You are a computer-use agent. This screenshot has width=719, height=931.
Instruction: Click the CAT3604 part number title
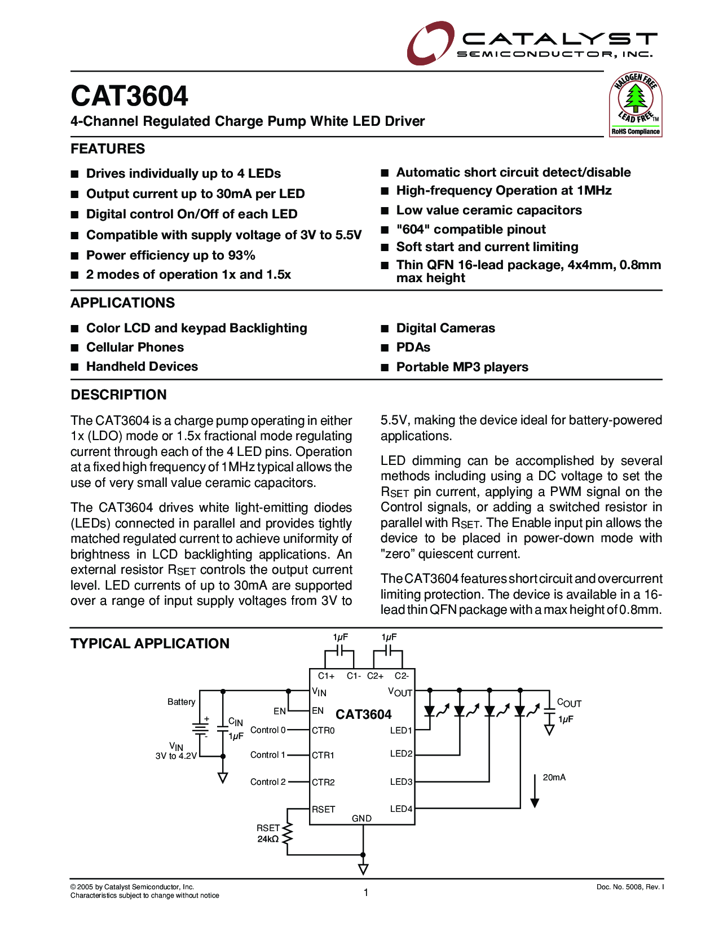pos(129,96)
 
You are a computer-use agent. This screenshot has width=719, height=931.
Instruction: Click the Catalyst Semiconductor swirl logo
pos(430,43)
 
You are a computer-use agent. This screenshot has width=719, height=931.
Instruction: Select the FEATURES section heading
pos(108,149)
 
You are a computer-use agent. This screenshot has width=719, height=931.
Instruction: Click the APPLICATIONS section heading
pos(122,303)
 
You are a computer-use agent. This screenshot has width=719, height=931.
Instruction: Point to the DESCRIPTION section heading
pos(118,395)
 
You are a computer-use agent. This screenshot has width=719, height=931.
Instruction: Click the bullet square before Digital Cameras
pos(385,329)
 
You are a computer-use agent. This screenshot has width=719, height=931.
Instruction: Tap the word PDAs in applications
pos(413,348)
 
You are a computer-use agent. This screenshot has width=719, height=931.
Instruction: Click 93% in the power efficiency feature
pos(242,256)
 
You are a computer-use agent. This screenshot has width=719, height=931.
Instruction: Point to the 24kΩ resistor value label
pos(268,839)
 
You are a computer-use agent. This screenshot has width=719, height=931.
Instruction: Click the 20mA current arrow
pos(535,791)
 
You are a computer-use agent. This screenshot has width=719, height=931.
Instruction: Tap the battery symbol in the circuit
pos(200,728)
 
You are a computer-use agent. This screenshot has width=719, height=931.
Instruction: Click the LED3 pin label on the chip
pos(401,782)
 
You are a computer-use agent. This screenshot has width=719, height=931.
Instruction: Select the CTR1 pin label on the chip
pos(323,756)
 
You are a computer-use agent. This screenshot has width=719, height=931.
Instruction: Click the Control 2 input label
pos(268,782)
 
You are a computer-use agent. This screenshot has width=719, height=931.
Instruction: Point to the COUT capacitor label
pos(568,703)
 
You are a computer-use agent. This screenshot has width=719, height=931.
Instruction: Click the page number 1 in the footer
pos(366,892)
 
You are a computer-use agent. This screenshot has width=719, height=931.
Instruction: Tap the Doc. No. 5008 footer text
pos(630,888)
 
